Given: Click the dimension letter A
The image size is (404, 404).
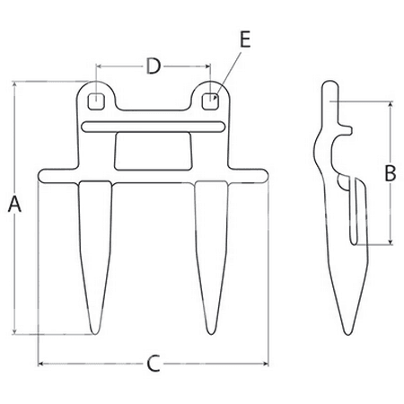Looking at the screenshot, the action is [14, 204].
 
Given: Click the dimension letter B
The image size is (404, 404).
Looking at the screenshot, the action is [391, 172].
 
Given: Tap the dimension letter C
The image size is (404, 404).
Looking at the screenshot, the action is [154, 364].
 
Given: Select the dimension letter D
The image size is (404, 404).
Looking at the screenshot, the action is [154, 66].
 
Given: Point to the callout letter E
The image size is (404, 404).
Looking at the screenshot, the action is [245, 40].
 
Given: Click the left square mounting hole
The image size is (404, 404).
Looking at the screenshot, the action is [96, 101].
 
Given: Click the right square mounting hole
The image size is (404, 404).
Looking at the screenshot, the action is [210, 101].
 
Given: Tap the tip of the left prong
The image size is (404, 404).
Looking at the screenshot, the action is [94, 333].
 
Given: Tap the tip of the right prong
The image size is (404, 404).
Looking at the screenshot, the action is [211, 333].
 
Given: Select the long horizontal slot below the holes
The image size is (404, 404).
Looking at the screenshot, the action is [153, 127].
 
